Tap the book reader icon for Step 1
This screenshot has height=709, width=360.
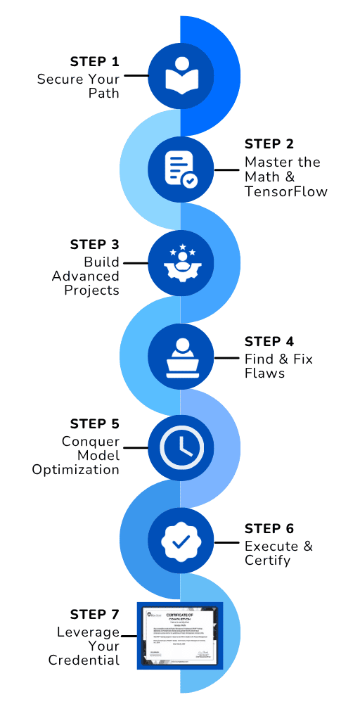point(181,76)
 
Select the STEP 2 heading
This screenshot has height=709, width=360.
point(269,144)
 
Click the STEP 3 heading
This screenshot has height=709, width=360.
point(95,245)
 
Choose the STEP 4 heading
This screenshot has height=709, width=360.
point(269,342)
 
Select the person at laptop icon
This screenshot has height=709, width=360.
point(181,357)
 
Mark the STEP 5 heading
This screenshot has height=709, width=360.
point(95,424)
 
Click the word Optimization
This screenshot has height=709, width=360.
point(76,469)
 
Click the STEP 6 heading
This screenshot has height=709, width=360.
point(269,528)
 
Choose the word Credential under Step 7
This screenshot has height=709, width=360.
point(84,660)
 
